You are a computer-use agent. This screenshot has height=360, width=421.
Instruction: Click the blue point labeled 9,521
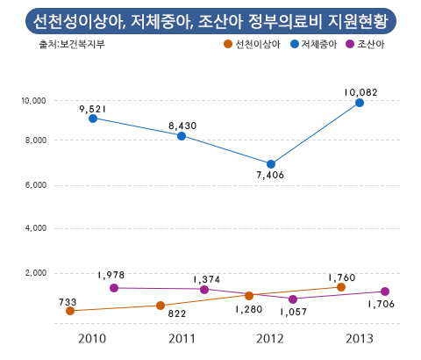tap(93, 119)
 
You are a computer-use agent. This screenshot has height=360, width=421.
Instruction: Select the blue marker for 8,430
tap(182, 136)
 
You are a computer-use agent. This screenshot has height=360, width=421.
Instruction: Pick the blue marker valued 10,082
tap(360, 103)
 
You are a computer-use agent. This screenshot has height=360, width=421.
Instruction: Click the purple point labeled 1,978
tap(114, 288)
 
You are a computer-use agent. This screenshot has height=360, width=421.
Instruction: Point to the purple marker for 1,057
tap(293, 299)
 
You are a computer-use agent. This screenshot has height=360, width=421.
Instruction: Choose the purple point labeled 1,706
tap(385, 292)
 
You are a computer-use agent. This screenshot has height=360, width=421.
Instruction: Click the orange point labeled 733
tap(70, 311)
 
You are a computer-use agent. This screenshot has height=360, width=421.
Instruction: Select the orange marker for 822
tap(161, 306)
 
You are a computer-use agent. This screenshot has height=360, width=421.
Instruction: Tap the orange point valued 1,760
tap(341, 287)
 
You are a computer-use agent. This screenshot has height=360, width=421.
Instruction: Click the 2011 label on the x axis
tap(182, 339)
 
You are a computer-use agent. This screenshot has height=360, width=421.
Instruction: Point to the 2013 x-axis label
tap(360, 339)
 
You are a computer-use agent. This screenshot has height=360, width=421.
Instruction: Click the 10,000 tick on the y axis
tap(33, 101)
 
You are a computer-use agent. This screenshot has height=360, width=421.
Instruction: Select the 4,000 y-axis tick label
tap(36, 228)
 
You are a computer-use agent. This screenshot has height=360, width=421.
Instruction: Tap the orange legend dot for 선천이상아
tap(228, 44)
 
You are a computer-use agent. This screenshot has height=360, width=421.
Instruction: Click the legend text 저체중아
tap(319, 45)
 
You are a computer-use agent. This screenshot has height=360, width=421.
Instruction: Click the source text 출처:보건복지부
tap(72, 44)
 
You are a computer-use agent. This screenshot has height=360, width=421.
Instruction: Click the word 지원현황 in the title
tap(358, 21)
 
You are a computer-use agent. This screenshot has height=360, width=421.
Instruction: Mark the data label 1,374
tap(207, 279)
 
